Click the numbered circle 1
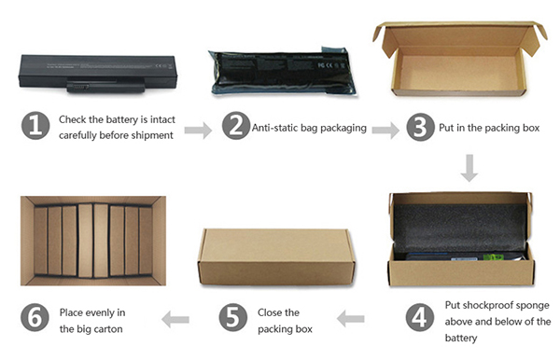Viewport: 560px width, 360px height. tap(35, 126)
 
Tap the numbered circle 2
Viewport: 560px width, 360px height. tap(236, 126)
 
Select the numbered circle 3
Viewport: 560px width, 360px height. tap(420, 127)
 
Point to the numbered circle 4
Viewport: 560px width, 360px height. tap(420, 317)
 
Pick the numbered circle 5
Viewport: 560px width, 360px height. tap(232, 317)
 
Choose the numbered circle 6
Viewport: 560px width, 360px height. tap(35, 317)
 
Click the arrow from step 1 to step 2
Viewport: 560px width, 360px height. tap(198, 131)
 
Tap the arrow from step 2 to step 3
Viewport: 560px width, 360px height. tap(385, 131)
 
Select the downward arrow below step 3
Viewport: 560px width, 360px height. tap(469, 168)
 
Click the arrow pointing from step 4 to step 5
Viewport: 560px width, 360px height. tap(351, 319)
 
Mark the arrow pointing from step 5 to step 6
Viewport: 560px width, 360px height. tap(175, 319)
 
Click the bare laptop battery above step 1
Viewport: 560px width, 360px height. tap(98, 74)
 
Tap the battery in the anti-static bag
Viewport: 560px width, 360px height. tap(282, 72)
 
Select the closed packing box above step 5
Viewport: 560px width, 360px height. tap(276, 256)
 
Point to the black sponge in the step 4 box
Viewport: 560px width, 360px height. tap(460, 228)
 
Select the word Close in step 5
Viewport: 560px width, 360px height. tap(270, 312)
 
